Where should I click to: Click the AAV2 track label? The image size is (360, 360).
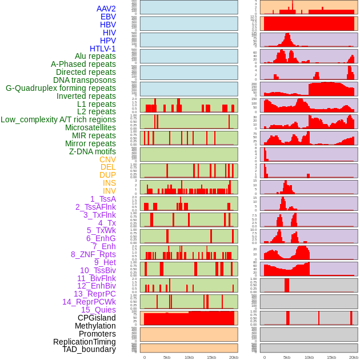pyautogui.click(x=106, y=9)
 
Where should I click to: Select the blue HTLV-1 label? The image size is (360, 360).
pyautogui.click(x=103, y=49)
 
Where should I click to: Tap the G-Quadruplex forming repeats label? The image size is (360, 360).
pyautogui.click(x=61, y=88)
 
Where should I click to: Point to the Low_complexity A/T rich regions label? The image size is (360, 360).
pyautogui.click(x=58, y=119)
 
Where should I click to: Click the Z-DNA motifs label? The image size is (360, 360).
pyautogui.click(x=93, y=151)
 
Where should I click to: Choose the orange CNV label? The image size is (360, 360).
pyautogui.click(x=107, y=159)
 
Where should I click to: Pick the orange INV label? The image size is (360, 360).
pyautogui.click(x=109, y=191)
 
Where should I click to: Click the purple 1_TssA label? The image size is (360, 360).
pyautogui.click(x=103, y=199)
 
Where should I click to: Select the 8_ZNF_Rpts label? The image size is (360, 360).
pyautogui.click(x=93, y=254)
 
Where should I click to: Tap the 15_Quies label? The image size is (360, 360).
pyautogui.click(x=98, y=310)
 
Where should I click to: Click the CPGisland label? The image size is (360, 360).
pyautogui.click(x=97, y=318)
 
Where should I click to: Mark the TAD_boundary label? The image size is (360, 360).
pyautogui.click(x=89, y=349)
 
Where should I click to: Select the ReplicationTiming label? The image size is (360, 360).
pyautogui.click(x=85, y=342)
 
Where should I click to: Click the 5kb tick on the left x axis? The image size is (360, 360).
pyautogui.click(x=167, y=357)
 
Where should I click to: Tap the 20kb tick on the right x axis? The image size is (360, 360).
pyautogui.click(x=354, y=357)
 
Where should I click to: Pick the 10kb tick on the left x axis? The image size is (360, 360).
pyautogui.click(x=189, y=357)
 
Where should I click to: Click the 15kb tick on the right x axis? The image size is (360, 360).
pyautogui.click(x=331, y=357)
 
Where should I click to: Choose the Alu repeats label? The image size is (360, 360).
pyautogui.click(x=95, y=56)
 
